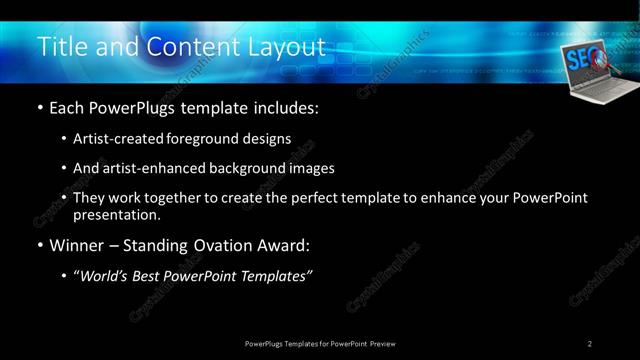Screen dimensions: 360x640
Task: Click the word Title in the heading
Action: coord(60,47)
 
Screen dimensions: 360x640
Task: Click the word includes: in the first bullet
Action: coord(287,108)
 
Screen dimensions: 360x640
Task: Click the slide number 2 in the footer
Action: coord(590,343)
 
